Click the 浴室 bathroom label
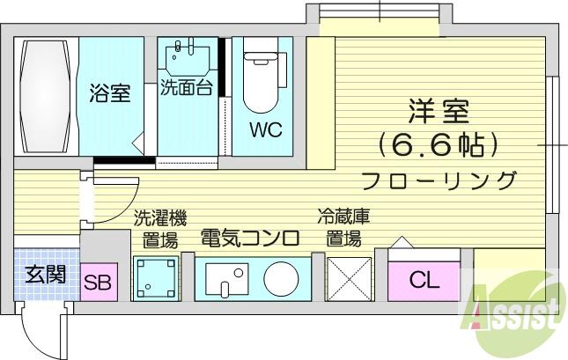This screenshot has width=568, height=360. coord(109,92)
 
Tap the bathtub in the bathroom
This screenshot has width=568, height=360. coord(46,96)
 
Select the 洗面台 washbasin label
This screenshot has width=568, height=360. coord(186,87)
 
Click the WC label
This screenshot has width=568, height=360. coord(266,129)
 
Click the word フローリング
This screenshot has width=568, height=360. coord(439,180)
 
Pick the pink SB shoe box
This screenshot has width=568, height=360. coord(99,283)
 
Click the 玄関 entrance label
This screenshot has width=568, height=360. coord(46,274)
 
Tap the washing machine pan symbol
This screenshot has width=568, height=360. coord(157,278)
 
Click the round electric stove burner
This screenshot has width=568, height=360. coord(281,279)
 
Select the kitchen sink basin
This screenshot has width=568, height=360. coord(227,279)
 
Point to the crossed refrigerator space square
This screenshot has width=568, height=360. coord(350,279)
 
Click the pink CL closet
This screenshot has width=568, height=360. coord(424,281)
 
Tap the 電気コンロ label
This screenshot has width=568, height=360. coord(250,238)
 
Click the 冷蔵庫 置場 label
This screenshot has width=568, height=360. coord(343,228)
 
